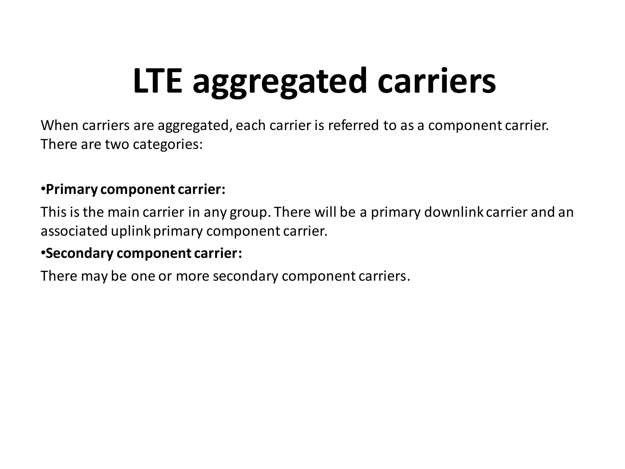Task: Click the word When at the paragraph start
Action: [x=60, y=125]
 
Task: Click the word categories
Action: [x=168, y=145]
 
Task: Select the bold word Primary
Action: [x=71, y=190]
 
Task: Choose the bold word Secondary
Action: [x=79, y=253]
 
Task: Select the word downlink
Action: [x=454, y=212]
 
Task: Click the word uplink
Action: [x=131, y=231]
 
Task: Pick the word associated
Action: [x=74, y=231]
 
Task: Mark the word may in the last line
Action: [x=94, y=276]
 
